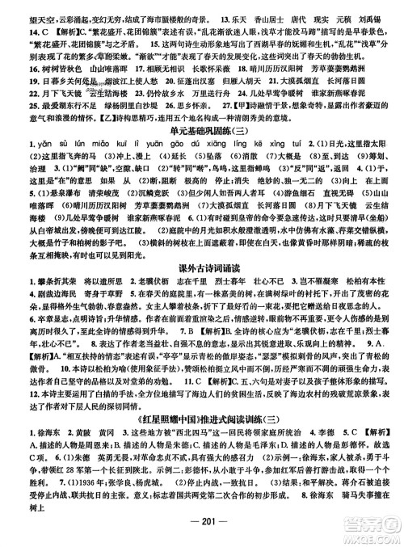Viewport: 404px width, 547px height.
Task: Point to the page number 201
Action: [x=202, y=537]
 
